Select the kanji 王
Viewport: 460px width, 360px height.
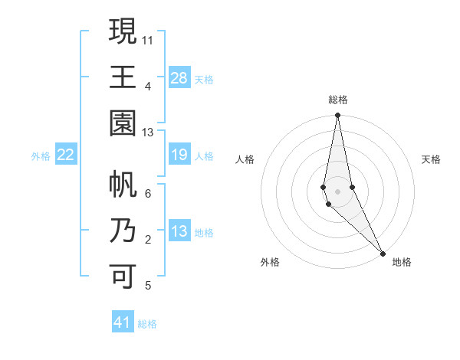tap(123, 77)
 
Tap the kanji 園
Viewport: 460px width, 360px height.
tap(123, 123)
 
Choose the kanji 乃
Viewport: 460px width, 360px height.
tap(123, 231)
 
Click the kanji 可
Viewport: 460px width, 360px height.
tap(123, 277)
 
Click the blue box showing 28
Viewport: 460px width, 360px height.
tap(179, 78)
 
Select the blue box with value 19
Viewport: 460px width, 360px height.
tap(179, 155)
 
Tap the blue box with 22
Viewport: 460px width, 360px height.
tap(66, 155)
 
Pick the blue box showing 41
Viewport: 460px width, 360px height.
tap(123, 322)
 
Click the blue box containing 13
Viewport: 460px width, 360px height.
tap(179, 232)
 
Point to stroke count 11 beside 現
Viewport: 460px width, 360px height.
tap(148, 39)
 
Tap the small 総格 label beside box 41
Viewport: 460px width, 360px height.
tap(147, 324)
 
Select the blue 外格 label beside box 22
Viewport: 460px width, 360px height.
tap(41, 156)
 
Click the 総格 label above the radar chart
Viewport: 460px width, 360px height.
tap(337, 100)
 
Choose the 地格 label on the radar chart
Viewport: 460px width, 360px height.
tap(402, 262)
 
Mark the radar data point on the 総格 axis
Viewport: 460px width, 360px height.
tap(337, 116)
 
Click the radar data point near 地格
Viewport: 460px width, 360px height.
tap(383, 253)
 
